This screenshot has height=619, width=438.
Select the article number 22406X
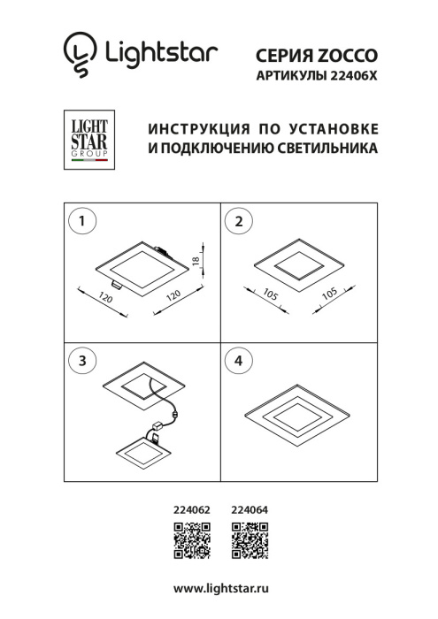[351, 76]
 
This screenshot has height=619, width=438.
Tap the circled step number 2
[237, 221]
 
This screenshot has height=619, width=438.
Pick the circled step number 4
[237, 360]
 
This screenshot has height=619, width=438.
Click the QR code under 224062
[191, 541]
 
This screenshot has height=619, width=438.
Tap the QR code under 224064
[249, 541]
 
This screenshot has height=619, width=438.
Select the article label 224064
[249, 509]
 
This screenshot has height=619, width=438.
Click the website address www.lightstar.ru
[220, 588]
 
